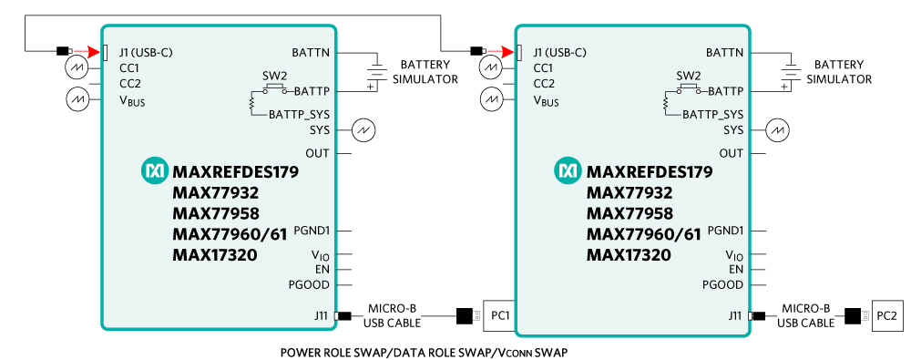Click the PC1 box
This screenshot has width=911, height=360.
pyautogui.click(x=499, y=316)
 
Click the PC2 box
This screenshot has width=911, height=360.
pyautogui.click(x=888, y=316)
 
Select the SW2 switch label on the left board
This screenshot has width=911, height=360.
pyautogui.click(x=275, y=77)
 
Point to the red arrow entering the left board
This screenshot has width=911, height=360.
pyautogui.click(x=89, y=52)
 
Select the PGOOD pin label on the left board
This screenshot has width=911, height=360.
pyautogui.click(x=309, y=285)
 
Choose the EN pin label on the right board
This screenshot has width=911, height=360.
pyautogui.click(x=736, y=269)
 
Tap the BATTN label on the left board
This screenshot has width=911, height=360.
pyautogui.click(x=311, y=52)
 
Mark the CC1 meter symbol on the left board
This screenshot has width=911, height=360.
pyautogui.click(x=77, y=68)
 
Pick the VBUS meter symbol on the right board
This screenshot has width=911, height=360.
pyautogui.click(x=490, y=98)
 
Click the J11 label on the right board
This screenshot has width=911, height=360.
pyautogui.click(x=734, y=316)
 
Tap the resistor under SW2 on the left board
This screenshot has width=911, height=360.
pyautogui.click(x=251, y=103)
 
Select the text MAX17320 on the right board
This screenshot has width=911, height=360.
pyautogui.click(x=629, y=254)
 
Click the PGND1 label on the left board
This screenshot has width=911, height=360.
pyautogui.click(x=312, y=231)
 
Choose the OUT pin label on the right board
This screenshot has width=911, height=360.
pyautogui.click(x=732, y=153)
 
